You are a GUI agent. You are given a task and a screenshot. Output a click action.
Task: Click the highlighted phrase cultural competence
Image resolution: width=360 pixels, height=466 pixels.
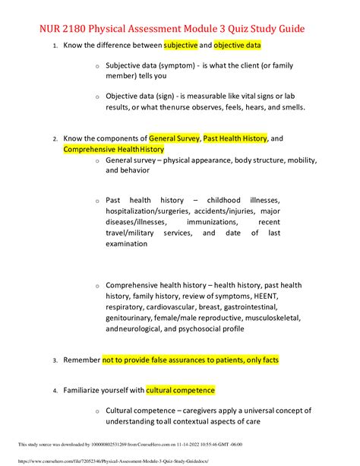coord(181,390)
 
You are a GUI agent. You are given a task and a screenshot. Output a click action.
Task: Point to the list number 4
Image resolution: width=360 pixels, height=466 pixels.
coord(54,391)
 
